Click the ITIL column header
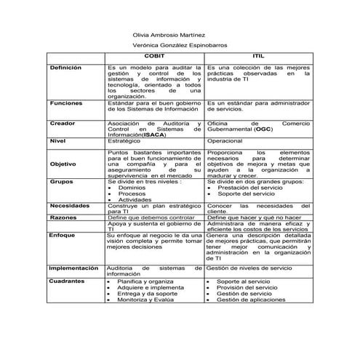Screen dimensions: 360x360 tap(258, 55)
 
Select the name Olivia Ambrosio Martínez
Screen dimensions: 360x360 tap(165, 34)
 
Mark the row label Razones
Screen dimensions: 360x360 tap(63, 217)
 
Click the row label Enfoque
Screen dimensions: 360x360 tap(63, 235)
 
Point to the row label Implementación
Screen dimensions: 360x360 tap(73, 268)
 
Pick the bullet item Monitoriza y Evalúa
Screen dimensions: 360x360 tap(145, 299)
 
